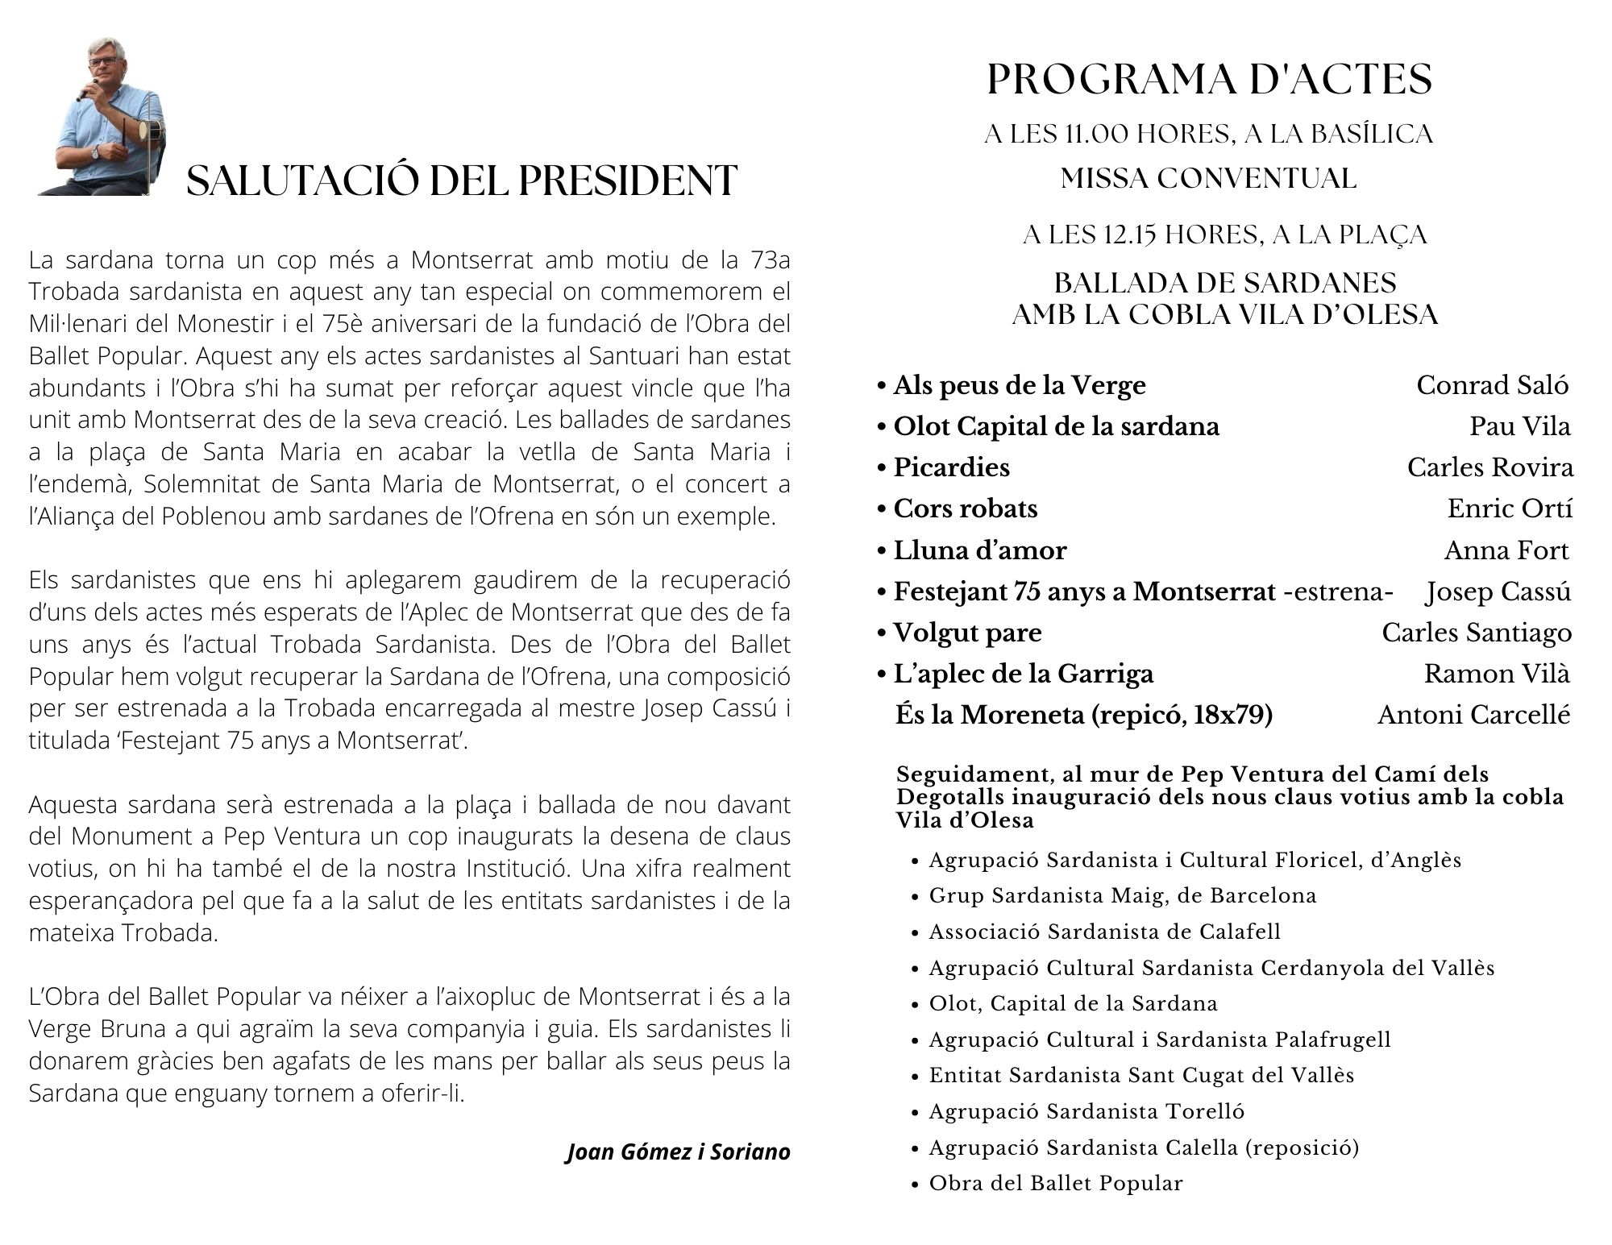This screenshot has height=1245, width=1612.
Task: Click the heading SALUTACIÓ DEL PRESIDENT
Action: (461, 181)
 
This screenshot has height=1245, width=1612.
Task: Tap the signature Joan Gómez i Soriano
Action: (679, 1152)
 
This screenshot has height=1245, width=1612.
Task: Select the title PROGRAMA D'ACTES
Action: (1210, 80)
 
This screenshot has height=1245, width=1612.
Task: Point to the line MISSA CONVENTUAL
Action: (1208, 178)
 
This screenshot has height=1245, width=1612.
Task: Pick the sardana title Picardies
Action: (951, 467)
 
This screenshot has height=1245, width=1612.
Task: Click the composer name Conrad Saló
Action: (1493, 385)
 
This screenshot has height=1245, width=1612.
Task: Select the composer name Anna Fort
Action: (1506, 550)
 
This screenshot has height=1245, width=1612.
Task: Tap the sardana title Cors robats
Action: (965, 508)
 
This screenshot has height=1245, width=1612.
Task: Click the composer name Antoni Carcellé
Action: (1473, 715)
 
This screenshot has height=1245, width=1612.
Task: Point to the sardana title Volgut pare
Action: (967, 633)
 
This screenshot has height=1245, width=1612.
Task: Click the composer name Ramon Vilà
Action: (1497, 674)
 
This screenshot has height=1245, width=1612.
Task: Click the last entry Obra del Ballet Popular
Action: (1056, 1183)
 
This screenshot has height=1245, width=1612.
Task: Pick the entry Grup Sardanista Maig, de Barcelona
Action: (1122, 895)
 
